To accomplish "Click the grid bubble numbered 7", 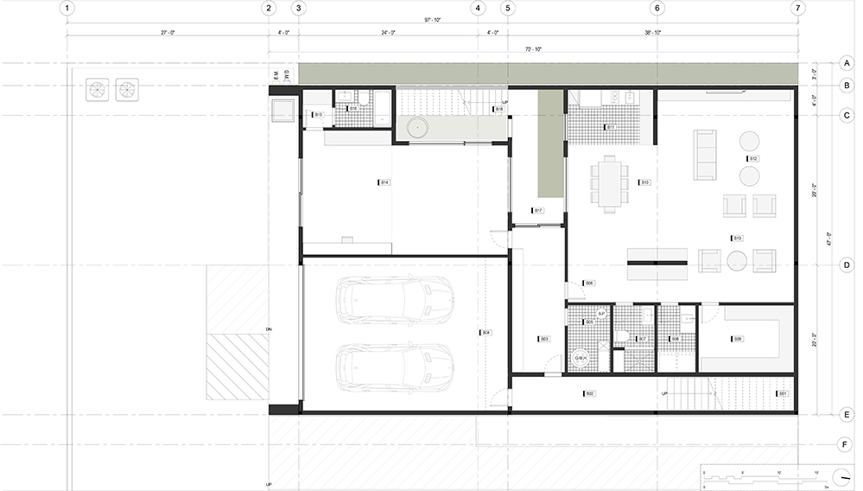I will (797, 9).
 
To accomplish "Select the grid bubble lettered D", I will (846, 265).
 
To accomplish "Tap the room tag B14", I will (384, 182).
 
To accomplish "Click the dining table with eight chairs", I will (611, 182).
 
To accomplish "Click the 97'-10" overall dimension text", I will (433, 19).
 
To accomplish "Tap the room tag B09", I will (737, 339).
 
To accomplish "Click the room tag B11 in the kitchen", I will (609, 127).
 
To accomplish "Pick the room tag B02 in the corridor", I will (589, 394).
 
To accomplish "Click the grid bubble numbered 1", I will (67, 9).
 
